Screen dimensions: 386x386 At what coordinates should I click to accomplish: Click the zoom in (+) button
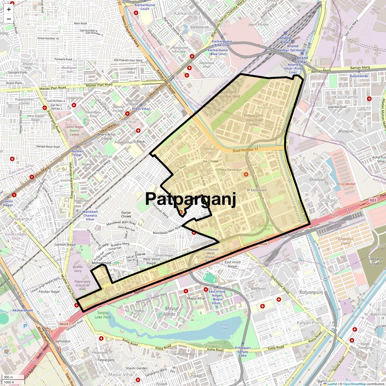point(9,9)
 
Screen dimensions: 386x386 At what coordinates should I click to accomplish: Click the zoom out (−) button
point(9,19)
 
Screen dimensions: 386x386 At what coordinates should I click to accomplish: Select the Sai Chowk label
point(211,161)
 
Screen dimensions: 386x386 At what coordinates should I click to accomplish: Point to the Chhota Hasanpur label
point(229,170)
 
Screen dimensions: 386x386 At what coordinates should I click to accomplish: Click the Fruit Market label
point(347,184)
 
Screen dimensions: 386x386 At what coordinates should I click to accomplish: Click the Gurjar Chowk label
point(126,214)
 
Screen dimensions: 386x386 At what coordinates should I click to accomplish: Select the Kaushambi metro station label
point(359,76)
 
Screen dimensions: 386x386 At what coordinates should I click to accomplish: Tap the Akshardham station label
point(23,310)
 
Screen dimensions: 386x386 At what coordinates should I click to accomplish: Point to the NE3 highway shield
point(373,200)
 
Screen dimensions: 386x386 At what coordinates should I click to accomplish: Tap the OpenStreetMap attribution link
point(354,384)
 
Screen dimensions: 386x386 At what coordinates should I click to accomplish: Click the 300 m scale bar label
point(8,377)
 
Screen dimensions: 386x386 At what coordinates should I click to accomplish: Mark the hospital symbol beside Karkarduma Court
point(136,13)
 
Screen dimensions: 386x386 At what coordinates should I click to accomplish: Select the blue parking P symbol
point(25,326)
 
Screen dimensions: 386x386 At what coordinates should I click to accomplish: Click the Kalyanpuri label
point(311,292)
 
